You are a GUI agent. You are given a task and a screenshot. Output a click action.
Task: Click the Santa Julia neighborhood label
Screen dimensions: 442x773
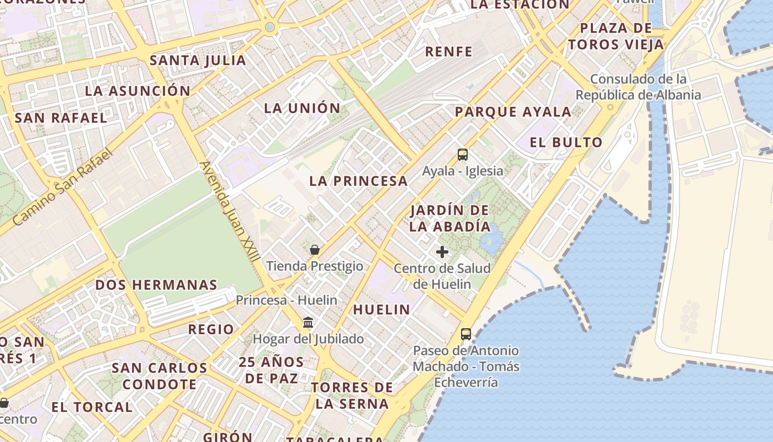point(198,60)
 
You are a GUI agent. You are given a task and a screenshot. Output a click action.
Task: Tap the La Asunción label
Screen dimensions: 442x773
point(137,91)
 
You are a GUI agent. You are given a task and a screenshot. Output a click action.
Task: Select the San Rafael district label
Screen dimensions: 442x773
point(61,118)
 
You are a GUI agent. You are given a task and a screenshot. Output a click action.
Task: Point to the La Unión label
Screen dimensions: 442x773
point(302,108)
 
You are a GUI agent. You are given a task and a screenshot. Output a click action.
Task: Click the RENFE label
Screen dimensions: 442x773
point(449,52)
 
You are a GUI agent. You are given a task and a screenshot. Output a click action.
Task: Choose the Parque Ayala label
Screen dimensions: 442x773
point(513,112)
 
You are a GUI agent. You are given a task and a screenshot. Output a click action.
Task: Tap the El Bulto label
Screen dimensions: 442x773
point(566,143)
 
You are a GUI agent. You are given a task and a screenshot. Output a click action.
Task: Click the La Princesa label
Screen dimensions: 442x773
point(358,181)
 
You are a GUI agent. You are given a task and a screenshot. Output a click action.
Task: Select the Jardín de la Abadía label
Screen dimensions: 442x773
point(450,218)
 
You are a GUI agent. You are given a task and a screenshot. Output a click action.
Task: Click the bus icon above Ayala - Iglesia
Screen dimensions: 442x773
point(463,155)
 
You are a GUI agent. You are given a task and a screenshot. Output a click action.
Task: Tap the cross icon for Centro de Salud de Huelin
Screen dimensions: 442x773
point(442,252)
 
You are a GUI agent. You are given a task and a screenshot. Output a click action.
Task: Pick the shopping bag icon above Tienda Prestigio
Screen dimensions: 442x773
point(315,250)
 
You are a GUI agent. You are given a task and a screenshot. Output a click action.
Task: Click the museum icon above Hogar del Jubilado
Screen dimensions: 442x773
point(308,322)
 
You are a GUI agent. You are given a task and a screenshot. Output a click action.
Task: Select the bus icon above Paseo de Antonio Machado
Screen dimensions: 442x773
point(466,334)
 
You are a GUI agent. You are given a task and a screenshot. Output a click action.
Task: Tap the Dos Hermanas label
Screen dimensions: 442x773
point(156,285)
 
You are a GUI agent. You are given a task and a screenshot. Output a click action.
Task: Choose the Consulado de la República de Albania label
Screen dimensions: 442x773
point(638,87)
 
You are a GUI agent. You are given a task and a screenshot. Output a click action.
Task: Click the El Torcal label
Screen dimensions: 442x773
point(92,407)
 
